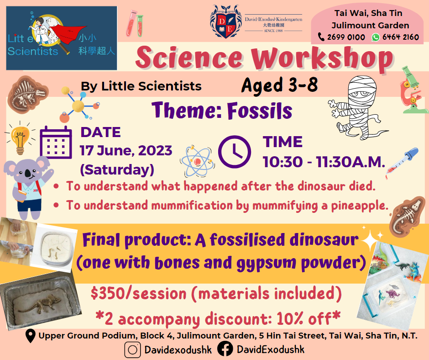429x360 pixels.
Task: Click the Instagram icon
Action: pyautogui.click(x=132, y=349)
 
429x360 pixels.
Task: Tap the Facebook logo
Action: pyautogui.click(x=225, y=349)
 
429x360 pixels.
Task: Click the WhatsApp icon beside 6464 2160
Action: pyautogui.click(x=376, y=37)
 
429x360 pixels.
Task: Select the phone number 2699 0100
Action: pyautogui.click(x=346, y=37)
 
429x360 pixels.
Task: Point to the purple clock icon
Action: pyautogui.click(x=235, y=152)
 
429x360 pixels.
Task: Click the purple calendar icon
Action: pyautogui.click(x=56, y=143)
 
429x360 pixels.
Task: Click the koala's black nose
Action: pyautogui.click(x=28, y=173)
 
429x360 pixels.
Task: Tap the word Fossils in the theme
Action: pyautogui.click(x=260, y=111)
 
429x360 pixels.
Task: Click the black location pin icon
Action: pyautogui.click(x=31, y=336)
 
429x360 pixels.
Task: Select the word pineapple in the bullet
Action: pyautogui.click(x=360, y=206)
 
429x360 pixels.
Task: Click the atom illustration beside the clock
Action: pyautogui.click(x=197, y=161)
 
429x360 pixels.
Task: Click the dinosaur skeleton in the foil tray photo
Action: pyautogui.click(x=40, y=304)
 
